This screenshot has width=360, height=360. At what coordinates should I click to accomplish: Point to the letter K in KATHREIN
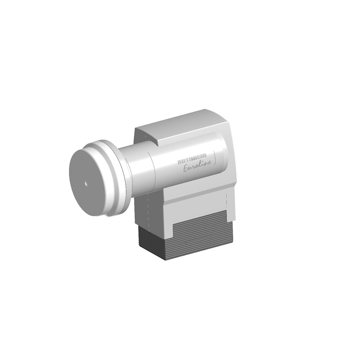[179, 162]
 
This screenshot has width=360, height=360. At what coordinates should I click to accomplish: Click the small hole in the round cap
[86, 183]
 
